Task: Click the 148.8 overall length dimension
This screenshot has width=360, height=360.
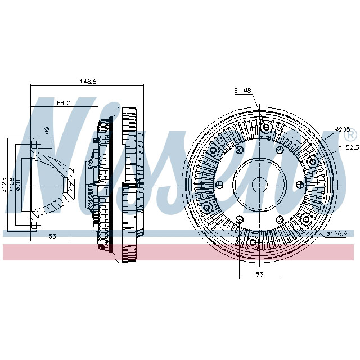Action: coord(88,82)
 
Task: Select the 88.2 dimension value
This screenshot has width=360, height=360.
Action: coord(63,103)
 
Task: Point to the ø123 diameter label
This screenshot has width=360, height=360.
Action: coord(4,184)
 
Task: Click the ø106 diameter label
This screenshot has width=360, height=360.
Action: coord(11,184)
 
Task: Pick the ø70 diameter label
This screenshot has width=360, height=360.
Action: coord(18,184)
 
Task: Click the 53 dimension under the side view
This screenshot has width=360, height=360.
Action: coord(52,236)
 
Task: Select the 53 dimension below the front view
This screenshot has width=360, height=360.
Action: coord(259,274)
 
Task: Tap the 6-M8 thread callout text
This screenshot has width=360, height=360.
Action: coord(243,91)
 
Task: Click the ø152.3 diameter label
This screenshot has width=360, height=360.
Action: coord(348,147)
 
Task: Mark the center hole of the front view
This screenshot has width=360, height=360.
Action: coord(259,184)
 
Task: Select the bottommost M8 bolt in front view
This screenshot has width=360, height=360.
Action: coord(253,243)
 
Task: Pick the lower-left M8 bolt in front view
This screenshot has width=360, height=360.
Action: coord(206,208)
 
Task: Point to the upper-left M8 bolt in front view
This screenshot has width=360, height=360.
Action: coord(213,151)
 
